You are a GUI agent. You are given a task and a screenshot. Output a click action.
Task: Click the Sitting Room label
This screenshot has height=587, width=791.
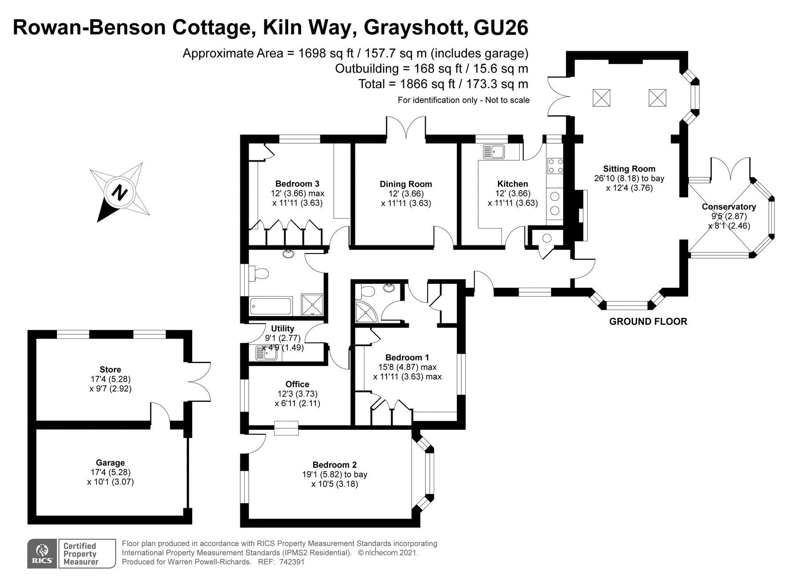(x=629, y=169)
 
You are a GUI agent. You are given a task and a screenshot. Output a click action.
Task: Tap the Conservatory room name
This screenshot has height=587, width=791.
(x=729, y=207)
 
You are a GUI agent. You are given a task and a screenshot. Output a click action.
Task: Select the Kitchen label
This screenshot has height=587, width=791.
(x=513, y=183)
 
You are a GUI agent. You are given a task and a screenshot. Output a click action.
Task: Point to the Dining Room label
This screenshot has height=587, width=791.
(x=406, y=184)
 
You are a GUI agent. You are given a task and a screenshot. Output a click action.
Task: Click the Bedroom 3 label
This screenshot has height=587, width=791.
(x=297, y=183)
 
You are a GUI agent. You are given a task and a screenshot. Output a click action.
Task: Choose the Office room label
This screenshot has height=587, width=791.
(x=297, y=384)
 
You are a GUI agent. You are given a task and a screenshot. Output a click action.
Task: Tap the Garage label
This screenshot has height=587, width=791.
(x=110, y=463)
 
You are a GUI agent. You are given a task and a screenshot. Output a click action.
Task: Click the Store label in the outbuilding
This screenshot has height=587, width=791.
(x=110, y=369)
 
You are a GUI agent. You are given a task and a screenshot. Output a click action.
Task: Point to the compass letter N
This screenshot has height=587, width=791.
(x=119, y=192)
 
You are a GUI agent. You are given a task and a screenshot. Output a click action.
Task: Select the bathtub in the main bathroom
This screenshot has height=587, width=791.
(x=270, y=306)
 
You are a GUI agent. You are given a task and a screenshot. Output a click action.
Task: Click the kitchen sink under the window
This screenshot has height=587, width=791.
(x=492, y=151)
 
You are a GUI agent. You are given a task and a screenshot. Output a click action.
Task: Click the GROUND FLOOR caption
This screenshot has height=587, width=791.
(x=648, y=321)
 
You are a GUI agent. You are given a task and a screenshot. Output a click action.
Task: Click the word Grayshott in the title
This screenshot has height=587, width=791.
(x=416, y=28)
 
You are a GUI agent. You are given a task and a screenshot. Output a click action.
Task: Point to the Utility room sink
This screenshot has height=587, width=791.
(x=266, y=353)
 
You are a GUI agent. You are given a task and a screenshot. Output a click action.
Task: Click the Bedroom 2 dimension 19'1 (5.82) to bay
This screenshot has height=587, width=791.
(x=335, y=474)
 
